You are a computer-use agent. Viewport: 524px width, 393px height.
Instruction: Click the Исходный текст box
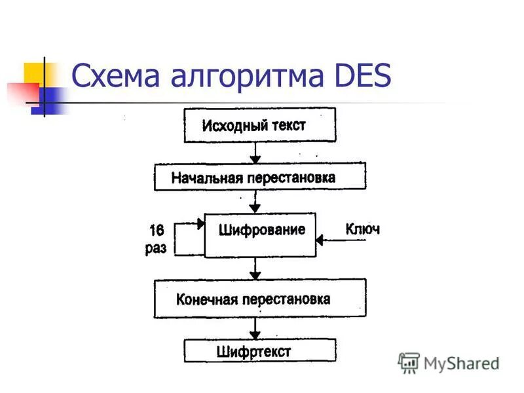coord(259,125)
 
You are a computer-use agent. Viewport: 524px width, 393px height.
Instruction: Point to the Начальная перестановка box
coord(259,177)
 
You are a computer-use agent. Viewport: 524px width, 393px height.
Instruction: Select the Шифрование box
coord(260,234)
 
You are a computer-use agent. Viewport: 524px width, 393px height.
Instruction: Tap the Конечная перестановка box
coord(259,299)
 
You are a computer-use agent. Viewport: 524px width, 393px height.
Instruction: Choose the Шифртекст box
coord(259,350)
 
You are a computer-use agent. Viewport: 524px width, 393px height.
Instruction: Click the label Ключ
coord(362,229)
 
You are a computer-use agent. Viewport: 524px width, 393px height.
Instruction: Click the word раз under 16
coord(156,248)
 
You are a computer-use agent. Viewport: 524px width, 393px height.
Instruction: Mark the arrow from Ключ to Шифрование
coord(341,240)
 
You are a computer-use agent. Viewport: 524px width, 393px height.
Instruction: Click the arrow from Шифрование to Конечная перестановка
coord(256,268)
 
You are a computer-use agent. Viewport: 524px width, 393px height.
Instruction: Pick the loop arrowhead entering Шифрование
coord(200,224)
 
